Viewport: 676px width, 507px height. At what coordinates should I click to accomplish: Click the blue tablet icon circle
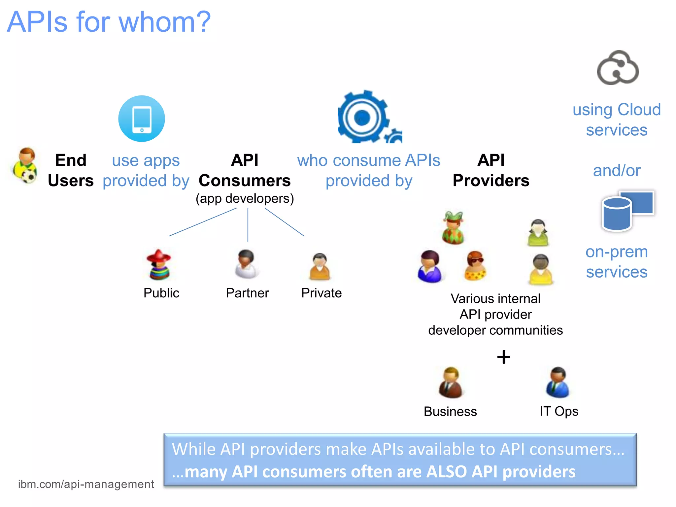[142, 119]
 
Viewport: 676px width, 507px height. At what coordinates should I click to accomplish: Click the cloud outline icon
[618, 68]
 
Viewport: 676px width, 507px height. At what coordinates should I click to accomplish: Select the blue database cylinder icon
[616, 214]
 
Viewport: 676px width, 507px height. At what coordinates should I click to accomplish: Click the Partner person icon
[247, 264]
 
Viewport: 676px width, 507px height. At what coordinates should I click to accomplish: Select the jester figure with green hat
[453, 228]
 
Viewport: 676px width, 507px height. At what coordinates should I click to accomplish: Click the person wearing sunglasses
[475, 266]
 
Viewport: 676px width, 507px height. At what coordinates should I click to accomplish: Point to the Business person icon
[451, 383]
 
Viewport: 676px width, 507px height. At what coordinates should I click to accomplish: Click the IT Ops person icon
[558, 383]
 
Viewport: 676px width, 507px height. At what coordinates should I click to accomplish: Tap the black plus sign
[504, 357]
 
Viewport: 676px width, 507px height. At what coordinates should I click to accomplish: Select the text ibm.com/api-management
[86, 484]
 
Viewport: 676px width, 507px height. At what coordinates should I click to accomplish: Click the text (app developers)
[245, 199]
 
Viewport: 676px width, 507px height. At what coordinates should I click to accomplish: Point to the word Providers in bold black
[491, 181]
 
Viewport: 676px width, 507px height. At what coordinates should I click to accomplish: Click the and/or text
[617, 171]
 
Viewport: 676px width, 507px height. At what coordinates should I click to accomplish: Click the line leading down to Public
[202, 222]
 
